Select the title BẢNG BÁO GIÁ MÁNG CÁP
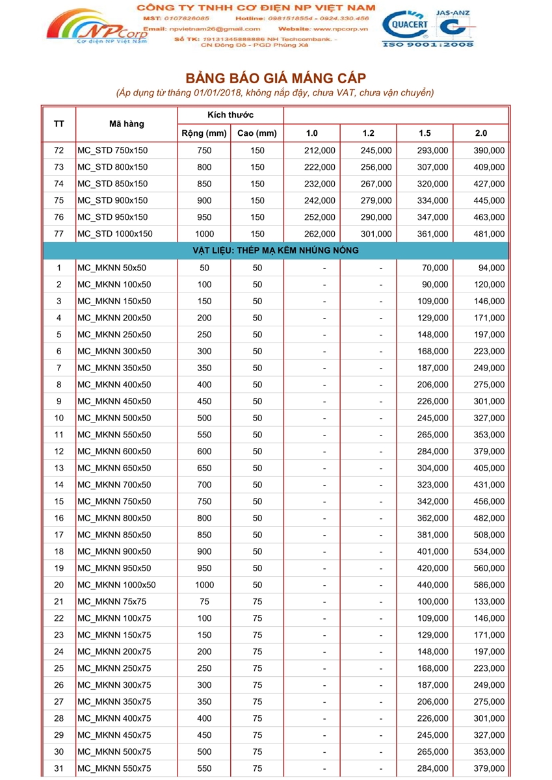pos(276,79)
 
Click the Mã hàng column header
pos(127,123)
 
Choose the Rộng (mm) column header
pos(204,133)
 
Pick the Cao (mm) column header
pos(257,133)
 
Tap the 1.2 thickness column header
pos(368,133)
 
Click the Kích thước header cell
pos(231,115)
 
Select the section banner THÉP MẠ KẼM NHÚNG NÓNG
pos(276,250)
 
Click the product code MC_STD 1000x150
pos(115,234)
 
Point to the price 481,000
pos(489,234)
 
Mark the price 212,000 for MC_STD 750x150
pos(320,150)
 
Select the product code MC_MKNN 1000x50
pos(116,585)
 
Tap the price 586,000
pos(489,585)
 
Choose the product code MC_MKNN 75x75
pos(110,602)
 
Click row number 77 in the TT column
pos(59,234)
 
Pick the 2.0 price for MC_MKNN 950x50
pos(489,568)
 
